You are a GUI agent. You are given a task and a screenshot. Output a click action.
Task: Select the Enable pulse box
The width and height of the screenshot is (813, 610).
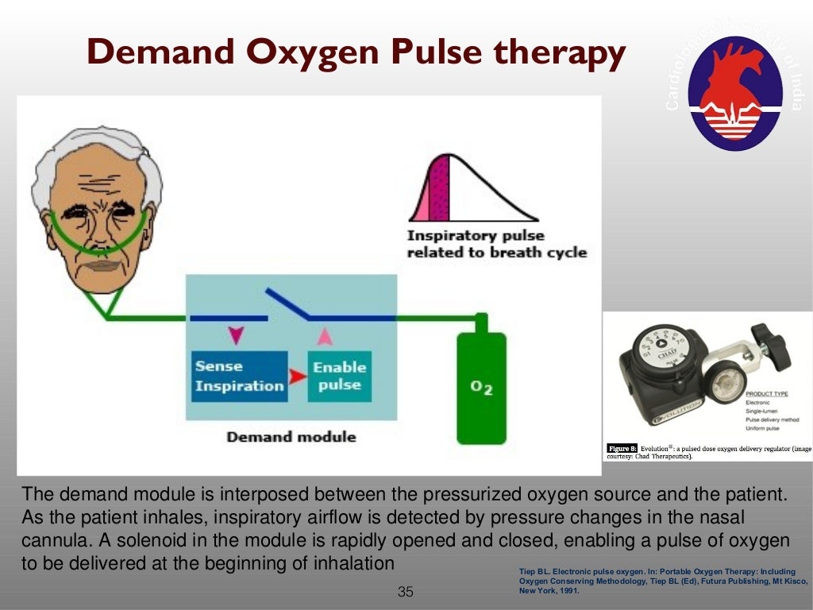[339, 376]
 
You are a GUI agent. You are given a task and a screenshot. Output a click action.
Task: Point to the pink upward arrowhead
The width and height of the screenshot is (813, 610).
[324, 336]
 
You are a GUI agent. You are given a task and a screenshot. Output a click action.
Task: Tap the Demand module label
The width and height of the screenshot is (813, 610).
[291, 437]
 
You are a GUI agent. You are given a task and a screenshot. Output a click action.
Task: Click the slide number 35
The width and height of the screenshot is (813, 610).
[406, 592]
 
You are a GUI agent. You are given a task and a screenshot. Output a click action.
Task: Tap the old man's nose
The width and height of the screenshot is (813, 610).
[96, 230]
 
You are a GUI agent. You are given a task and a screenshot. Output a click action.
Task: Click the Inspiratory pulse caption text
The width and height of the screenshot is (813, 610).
[496, 244]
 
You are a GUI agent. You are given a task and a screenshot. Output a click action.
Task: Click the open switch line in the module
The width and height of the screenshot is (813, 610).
[288, 303]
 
